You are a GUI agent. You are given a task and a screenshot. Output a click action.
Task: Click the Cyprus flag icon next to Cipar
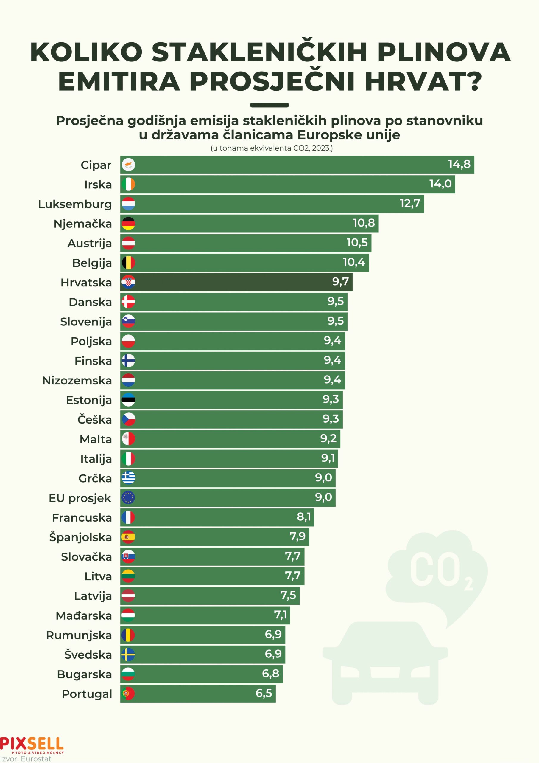tap(128, 165)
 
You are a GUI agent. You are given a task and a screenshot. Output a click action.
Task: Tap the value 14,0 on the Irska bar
tap(440, 184)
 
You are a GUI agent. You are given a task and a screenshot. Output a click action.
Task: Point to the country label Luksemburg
tap(75, 204)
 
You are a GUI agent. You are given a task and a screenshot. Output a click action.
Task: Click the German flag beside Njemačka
tap(128, 224)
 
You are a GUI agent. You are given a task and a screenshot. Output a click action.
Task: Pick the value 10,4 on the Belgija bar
tap(354, 262)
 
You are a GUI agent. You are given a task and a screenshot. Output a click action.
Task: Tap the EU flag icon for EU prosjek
tap(128, 497)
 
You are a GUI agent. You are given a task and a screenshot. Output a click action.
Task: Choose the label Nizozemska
tap(77, 381)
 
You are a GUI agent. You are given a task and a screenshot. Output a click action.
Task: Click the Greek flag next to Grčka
tap(128, 478)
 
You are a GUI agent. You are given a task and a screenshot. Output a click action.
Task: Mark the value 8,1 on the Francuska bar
tap(304, 517)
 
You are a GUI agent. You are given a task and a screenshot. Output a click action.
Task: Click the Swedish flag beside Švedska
tap(128, 654)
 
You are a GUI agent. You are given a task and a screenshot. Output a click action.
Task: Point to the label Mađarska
tap(84, 615)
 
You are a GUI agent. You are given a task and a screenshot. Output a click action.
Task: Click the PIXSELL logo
tap(32, 744)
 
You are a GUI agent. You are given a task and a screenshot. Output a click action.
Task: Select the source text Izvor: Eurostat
tap(26, 759)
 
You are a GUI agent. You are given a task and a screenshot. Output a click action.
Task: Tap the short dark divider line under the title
tap(269, 105)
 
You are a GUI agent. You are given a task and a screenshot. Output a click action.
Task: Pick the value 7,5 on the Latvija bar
tap(288, 595)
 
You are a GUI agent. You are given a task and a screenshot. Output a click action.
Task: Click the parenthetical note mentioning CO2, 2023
tap(271, 148)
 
